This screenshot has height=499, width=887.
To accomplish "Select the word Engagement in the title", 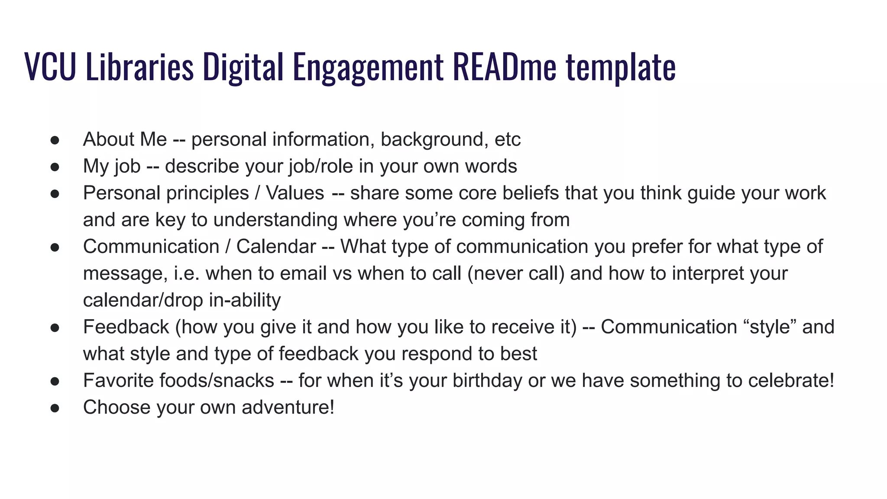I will [x=368, y=68].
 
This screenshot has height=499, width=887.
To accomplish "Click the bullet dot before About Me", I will [x=55, y=140].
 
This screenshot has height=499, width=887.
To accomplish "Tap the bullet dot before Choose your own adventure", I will [x=55, y=408].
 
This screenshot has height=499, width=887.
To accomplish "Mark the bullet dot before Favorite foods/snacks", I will [x=55, y=381].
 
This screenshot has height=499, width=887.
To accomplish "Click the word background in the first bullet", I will [x=434, y=139].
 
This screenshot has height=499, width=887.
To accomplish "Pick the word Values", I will [x=295, y=193].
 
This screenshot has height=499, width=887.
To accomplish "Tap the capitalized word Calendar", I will [x=276, y=247].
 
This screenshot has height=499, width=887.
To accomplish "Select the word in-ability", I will [x=245, y=300].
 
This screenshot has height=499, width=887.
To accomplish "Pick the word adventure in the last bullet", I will [x=288, y=408].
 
